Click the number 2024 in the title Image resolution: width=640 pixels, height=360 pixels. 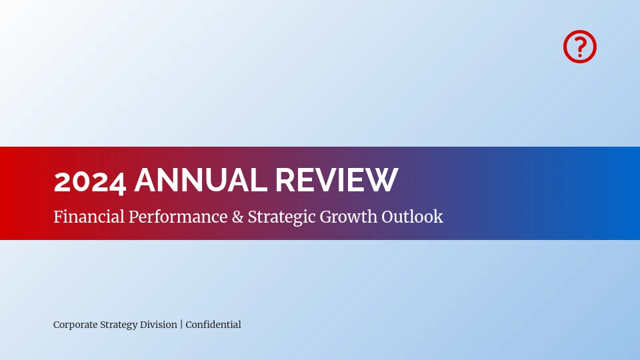[x=90, y=181]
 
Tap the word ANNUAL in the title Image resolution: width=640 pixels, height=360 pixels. [x=201, y=179]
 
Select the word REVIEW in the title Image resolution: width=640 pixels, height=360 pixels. [x=336, y=179]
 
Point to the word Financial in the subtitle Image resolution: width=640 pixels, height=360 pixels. [x=89, y=216]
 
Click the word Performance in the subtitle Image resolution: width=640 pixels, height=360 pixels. [x=178, y=217]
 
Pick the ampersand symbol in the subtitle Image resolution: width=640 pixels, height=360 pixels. [x=237, y=217]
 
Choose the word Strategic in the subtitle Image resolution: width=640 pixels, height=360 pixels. [x=281, y=217]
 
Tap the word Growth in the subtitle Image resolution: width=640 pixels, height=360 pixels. [x=349, y=217]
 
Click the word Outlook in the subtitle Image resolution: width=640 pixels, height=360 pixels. [x=412, y=216]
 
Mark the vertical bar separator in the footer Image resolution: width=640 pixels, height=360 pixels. [x=181, y=325]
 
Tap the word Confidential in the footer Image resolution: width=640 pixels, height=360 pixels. [x=213, y=325]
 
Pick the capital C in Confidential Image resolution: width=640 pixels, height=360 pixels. [x=189, y=325]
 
